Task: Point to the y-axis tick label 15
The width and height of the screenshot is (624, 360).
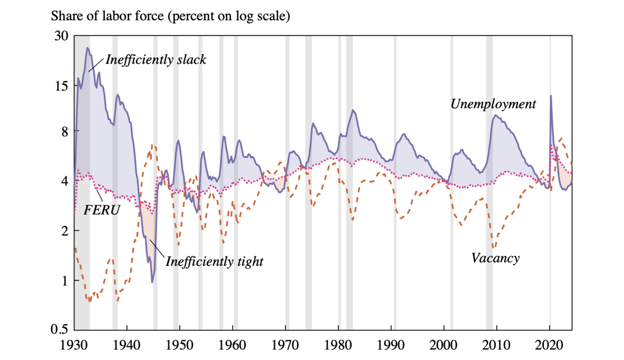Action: [61, 86]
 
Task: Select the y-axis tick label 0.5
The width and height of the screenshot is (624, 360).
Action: [59, 330]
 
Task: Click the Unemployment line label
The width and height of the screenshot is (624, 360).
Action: [493, 104]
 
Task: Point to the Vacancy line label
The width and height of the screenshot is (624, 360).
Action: [495, 258]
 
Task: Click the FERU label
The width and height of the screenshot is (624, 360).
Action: [101, 210]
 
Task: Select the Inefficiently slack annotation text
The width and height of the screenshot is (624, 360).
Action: [155, 59]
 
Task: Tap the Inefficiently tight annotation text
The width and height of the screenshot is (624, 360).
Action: [214, 262]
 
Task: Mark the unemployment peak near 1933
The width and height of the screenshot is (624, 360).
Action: [87, 48]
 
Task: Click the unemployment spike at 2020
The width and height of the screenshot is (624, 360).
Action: [551, 96]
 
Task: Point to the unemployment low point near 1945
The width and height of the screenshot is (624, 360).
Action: [152, 282]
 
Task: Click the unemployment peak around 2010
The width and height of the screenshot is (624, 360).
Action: [496, 115]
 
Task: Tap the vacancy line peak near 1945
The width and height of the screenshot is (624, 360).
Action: [152, 145]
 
